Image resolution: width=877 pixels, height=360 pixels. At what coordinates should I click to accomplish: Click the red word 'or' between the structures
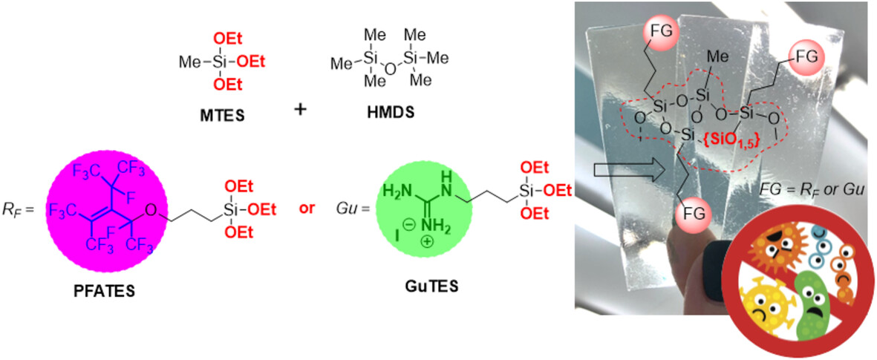[305, 209]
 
